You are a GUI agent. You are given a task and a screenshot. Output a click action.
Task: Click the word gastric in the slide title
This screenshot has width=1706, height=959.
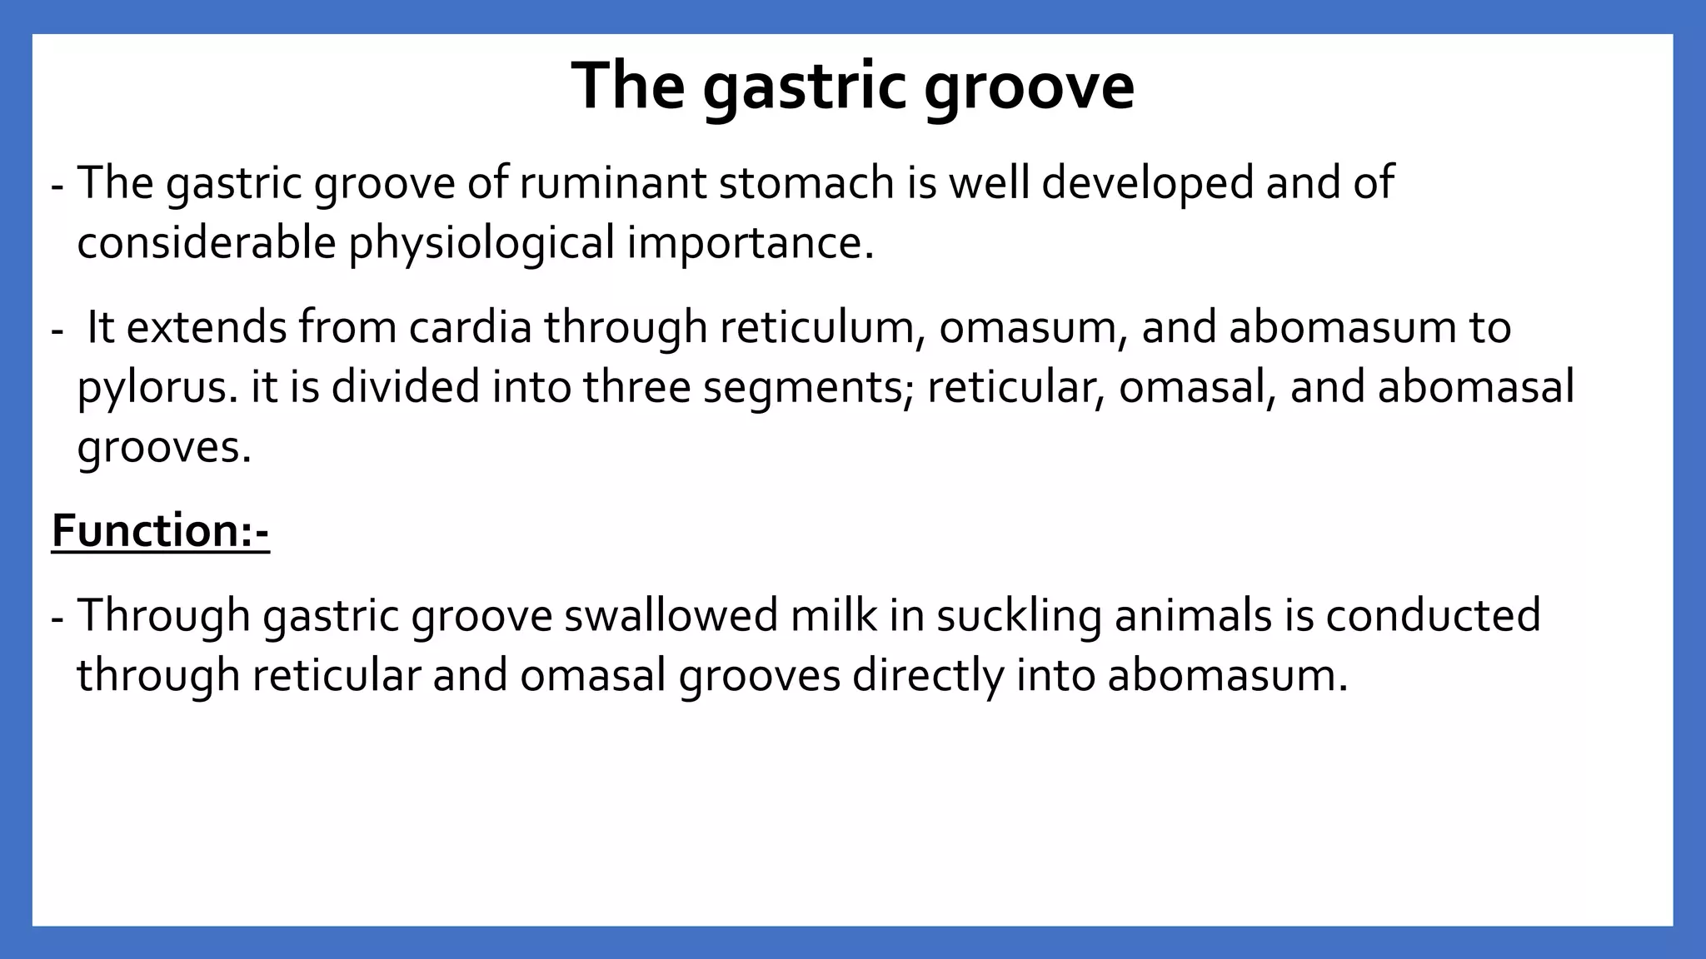(x=803, y=87)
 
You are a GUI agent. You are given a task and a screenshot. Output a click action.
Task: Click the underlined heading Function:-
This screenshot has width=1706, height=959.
(x=160, y=531)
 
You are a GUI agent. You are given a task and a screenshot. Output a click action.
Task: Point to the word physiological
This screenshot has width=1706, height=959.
(x=481, y=243)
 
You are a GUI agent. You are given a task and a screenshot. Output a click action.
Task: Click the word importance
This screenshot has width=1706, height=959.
(x=750, y=243)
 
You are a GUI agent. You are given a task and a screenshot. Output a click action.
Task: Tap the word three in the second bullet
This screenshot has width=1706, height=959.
(x=636, y=388)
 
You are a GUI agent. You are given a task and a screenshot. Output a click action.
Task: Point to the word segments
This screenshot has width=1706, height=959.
(x=808, y=388)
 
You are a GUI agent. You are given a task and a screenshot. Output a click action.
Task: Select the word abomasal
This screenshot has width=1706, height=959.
(x=1475, y=388)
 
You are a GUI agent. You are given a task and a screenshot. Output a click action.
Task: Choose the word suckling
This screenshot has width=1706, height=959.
(x=1019, y=615)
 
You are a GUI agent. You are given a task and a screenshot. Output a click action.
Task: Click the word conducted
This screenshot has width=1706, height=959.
(x=1433, y=615)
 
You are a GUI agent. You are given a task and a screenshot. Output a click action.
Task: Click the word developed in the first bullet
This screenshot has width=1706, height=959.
(x=1147, y=182)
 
